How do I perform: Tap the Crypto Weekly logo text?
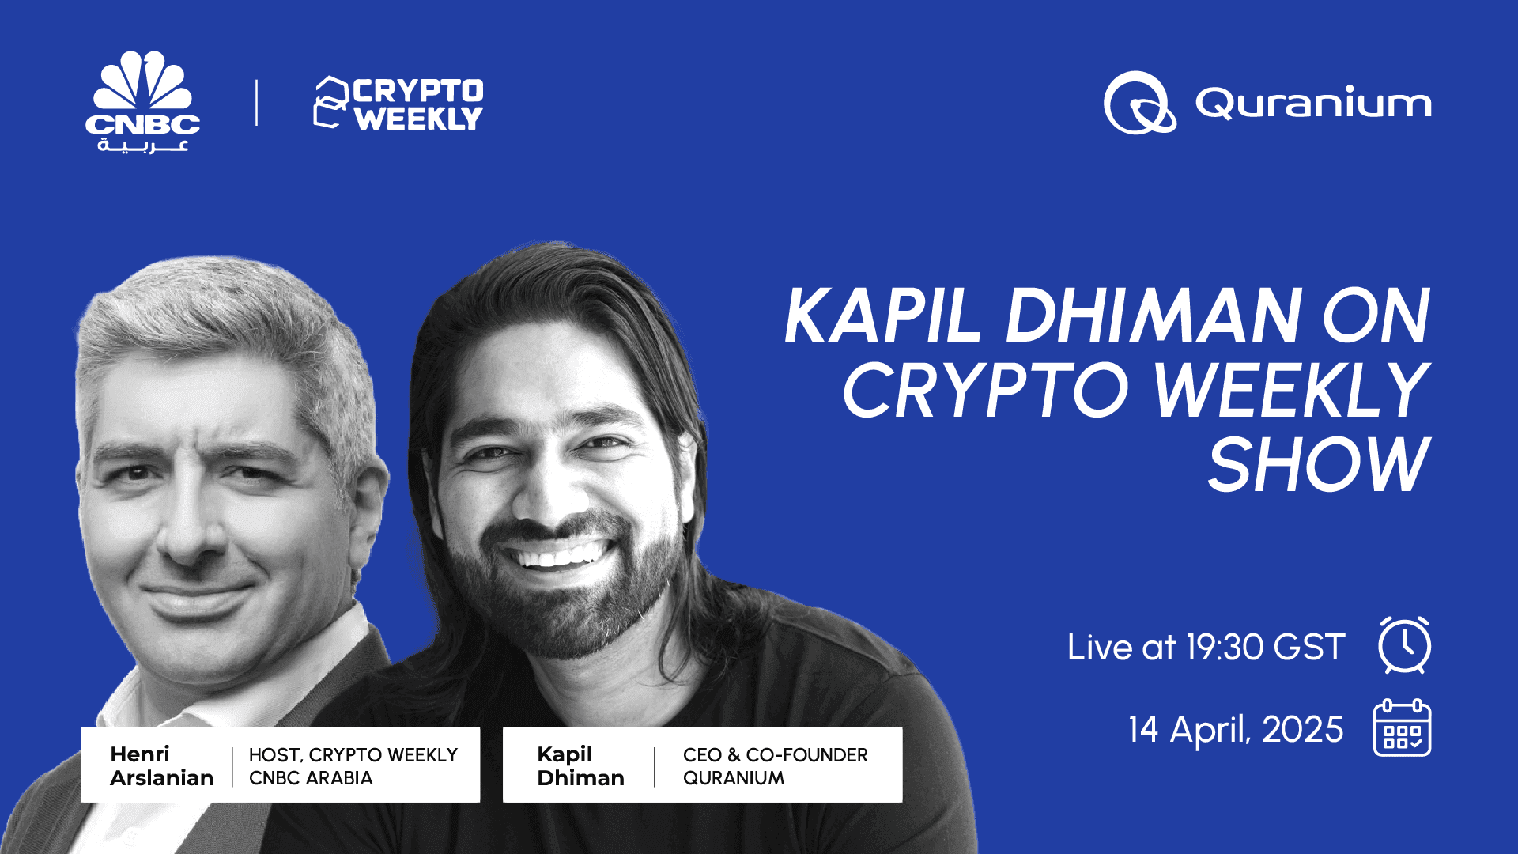tap(417, 104)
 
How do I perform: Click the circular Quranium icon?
tap(1139, 103)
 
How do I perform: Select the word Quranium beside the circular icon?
tap(1313, 103)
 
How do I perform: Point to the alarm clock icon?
tap(1404, 645)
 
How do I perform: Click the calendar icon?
tap(1402, 728)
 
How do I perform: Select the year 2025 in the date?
tap(1302, 729)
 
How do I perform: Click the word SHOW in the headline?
tap(1318, 466)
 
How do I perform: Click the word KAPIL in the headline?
tap(883, 316)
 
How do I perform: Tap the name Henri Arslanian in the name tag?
tap(161, 765)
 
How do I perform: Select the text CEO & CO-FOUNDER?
tap(775, 755)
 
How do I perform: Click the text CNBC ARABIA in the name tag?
tap(311, 778)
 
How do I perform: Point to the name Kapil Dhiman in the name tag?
tap(580, 765)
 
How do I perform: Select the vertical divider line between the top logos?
tap(256, 103)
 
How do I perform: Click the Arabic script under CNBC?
tap(143, 145)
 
